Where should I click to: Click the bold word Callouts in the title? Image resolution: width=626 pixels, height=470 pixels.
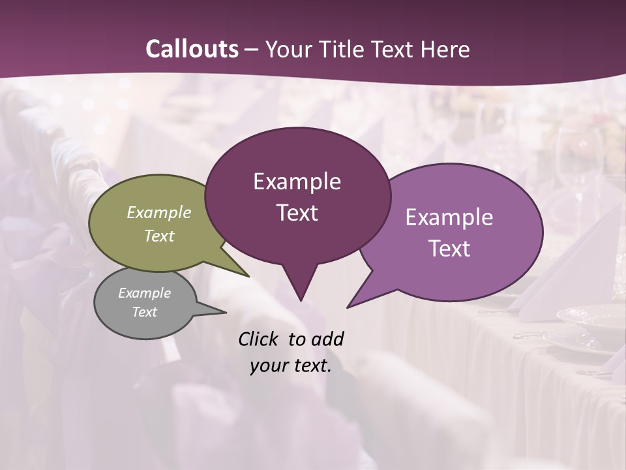pyautogui.click(x=192, y=49)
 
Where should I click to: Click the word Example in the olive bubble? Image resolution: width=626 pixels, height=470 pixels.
pyautogui.click(x=159, y=213)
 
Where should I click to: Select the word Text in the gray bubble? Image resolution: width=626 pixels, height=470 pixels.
pyautogui.click(x=145, y=312)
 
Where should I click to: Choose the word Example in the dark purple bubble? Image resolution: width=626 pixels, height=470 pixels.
pyautogui.click(x=297, y=181)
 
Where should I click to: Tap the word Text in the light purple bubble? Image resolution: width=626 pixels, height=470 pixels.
pyautogui.click(x=449, y=249)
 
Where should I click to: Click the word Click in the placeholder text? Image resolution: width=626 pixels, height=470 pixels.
pyautogui.click(x=260, y=339)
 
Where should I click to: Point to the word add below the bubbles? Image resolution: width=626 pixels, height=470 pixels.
pyautogui.click(x=327, y=339)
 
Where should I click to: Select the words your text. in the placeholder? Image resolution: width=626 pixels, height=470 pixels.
pyautogui.click(x=290, y=366)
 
